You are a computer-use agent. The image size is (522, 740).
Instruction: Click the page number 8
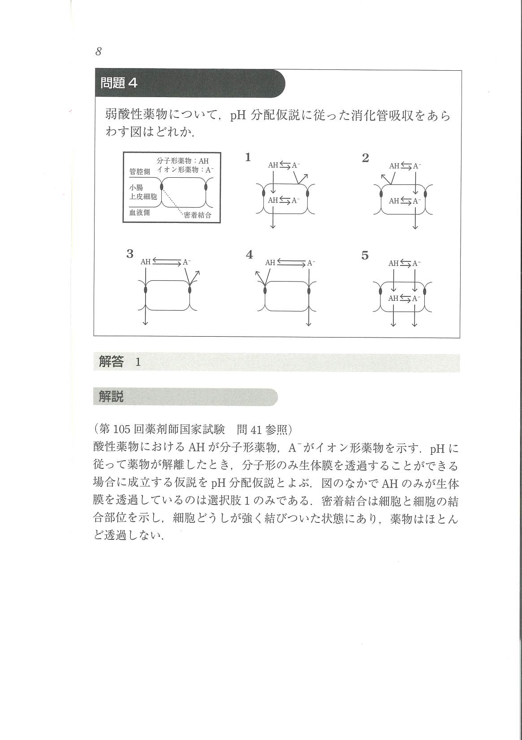click(99, 51)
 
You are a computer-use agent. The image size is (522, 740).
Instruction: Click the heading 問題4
click(119, 83)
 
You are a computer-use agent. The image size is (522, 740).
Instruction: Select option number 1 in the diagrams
click(248, 157)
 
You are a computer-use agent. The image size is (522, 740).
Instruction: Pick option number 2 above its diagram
click(366, 158)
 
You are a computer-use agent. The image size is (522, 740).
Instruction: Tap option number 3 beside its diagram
click(130, 254)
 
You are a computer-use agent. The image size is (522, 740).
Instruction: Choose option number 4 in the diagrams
click(250, 255)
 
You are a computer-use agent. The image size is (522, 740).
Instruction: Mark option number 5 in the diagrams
click(365, 256)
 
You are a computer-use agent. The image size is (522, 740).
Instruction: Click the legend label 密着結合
click(198, 215)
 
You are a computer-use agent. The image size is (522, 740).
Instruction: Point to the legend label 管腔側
click(140, 171)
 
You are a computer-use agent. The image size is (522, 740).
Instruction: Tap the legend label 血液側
click(139, 212)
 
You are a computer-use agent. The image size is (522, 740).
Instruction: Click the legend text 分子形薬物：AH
click(183, 161)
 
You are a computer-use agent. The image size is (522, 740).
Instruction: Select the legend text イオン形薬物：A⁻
click(186, 170)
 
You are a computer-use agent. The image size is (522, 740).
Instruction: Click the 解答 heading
click(111, 362)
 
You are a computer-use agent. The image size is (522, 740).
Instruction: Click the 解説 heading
click(111, 396)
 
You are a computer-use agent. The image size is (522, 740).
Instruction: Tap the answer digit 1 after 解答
click(138, 362)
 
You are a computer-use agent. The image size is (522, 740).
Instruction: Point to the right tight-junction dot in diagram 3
click(190, 290)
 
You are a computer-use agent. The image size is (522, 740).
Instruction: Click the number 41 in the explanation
click(256, 430)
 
